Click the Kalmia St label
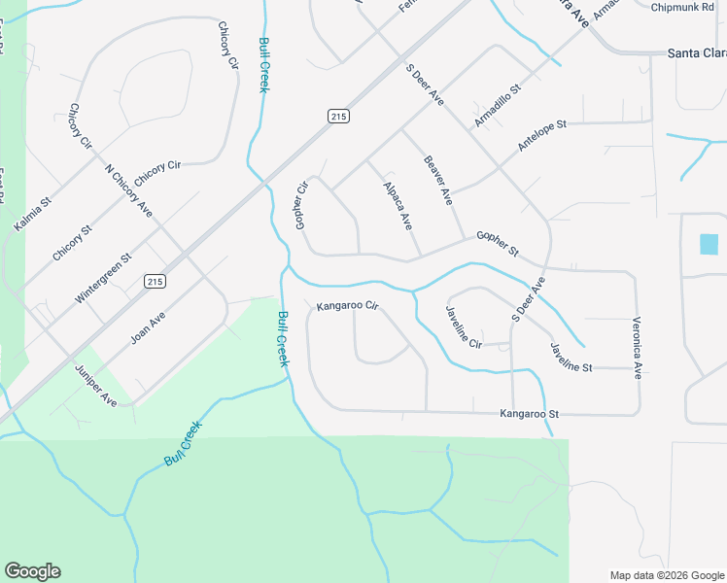[32, 214]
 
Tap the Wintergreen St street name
[103, 279]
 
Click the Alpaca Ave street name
[398, 205]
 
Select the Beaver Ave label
[438, 180]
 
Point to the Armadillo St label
[498, 106]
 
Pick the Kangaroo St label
[530, 414]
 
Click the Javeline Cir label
[463, 326]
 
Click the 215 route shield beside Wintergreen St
[155, 281]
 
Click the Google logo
[32, 571]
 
